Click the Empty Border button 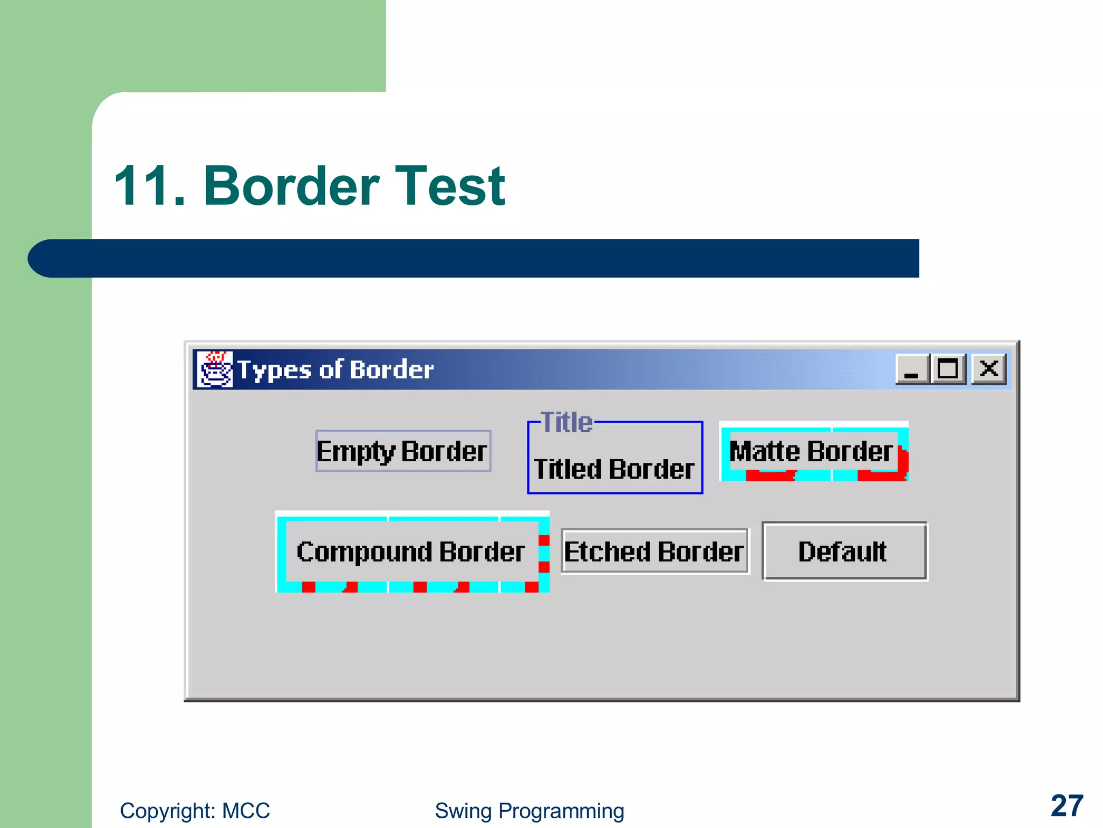pyautogui.click(x=402, y=451)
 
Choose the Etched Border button pyautogui.click(x=654, y=551)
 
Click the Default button pyautogui.click(x=844, y=551)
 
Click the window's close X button pyautogui.click(x=989, y=369)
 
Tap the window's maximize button pyautogui.click(x=948, y=369)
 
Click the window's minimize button pyautogui.click(x=912, y=369)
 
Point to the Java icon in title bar pyautogui.click(x=215, y=369)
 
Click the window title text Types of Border pyautogui.click(x=336, y=370)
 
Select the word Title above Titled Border pyautogui.click(x=567, y=422)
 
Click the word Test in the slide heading pyautogui.click(x=450, y=186)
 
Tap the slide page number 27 pyautogui.click(x=1066, y=806)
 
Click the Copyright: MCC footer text pyautogui.click(x=194, y=811)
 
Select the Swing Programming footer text pyautogui.click(x=529, y=811)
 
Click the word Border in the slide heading pyautogui.click(x=291, y=186)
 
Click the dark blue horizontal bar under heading pyautogui.click(x=485, y=258)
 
